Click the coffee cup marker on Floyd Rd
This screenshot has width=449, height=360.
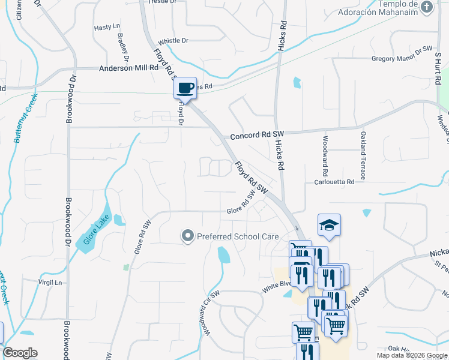(185, 89)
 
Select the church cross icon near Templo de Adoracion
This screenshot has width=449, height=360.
(427, 7)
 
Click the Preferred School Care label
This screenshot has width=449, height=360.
(238, 236)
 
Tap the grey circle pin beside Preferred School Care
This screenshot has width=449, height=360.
(188, 236)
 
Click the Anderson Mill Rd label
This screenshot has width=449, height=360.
(129, 68)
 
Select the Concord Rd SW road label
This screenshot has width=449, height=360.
(255, 133)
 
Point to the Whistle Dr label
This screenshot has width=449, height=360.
(173, 41)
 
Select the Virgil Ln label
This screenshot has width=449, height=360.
(50, 281)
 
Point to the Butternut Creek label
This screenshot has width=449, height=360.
(25, 118)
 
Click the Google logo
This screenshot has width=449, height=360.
(20, 353)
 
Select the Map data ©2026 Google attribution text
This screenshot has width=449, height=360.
(411, 355)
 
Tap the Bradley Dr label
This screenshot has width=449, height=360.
(124, 47)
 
